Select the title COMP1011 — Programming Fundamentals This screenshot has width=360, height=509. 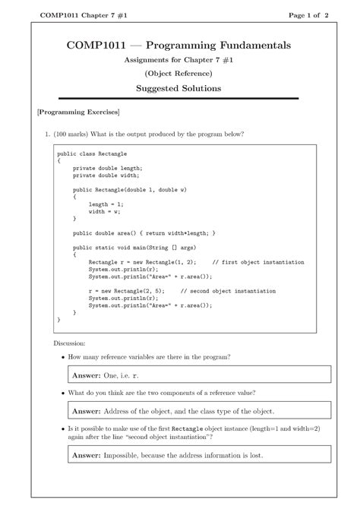click(x=179, y=46)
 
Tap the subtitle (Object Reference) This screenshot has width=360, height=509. click(x=179, y=73)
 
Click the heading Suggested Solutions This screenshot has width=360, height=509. click(x=179, y=89)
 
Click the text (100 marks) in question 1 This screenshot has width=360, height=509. click(x=72, y=134)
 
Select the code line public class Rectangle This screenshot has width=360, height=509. click(x=87, y=153)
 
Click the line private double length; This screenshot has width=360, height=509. click(x=107, y=169)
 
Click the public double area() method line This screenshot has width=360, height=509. click(x=144, y=232)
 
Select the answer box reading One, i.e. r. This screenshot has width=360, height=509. click(x=199, y=375)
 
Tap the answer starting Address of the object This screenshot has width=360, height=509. click(x=199, y=411)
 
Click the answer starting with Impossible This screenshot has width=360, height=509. click(x=199, y=454)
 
